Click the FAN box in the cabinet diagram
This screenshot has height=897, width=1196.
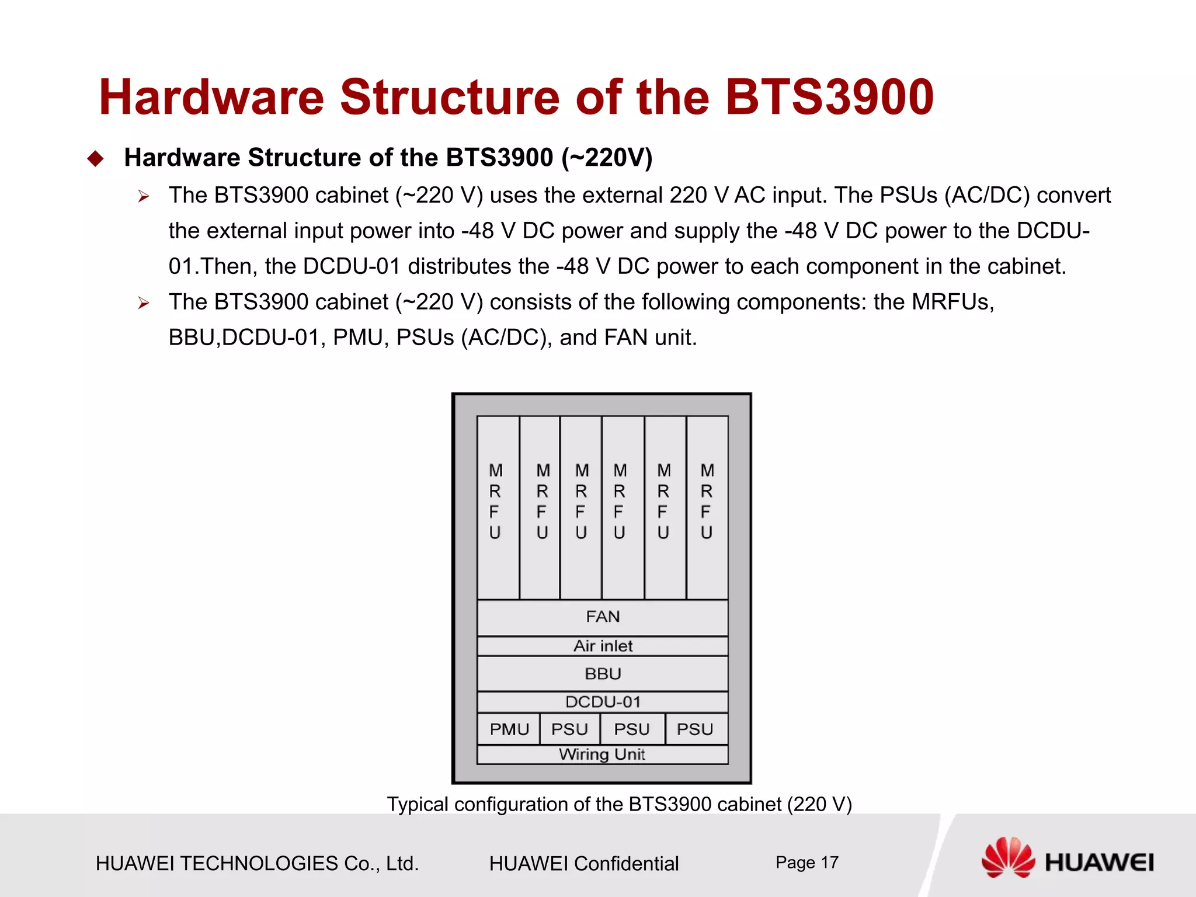602,617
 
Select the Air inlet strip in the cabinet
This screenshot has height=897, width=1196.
602,646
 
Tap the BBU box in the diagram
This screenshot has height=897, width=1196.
602,674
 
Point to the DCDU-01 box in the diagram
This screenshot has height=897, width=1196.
602,702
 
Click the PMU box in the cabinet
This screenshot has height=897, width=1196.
509,729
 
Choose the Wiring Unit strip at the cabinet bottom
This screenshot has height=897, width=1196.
602,755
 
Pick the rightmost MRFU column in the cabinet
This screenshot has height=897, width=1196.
707,507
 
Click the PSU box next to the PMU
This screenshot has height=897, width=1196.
569,729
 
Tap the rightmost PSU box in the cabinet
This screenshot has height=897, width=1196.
696,729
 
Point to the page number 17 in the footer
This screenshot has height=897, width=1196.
829,863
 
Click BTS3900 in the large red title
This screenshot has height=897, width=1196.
829,97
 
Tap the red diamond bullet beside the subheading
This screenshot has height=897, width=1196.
95,159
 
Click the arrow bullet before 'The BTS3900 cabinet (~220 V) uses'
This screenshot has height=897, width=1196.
144,197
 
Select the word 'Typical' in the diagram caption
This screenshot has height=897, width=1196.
418,805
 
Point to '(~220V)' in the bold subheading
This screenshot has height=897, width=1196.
607,158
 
